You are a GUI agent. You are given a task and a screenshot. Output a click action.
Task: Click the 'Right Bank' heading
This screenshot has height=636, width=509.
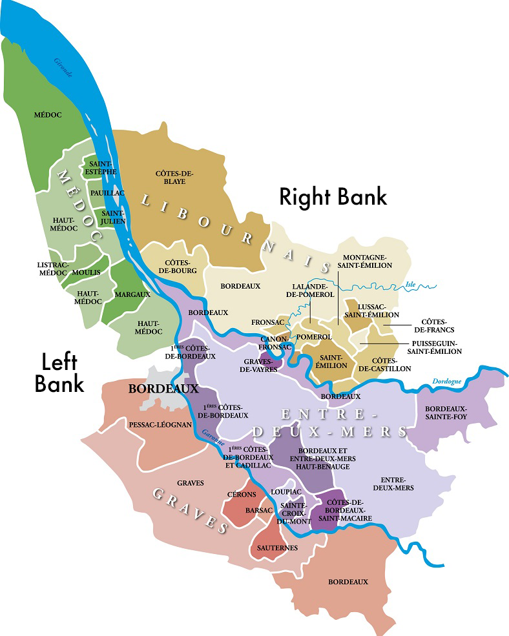tap(333, 196)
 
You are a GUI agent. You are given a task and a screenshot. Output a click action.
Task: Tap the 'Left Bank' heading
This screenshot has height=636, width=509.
tap(59, 372)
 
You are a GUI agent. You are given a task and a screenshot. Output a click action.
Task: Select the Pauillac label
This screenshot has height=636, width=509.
tap(103, 193)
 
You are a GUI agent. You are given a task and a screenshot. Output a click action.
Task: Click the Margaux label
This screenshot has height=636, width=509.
tap(132, 294)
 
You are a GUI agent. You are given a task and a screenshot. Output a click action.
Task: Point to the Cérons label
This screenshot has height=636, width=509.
tap(242, 495)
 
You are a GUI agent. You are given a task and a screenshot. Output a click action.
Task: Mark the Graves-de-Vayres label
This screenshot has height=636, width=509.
tap(261, 365)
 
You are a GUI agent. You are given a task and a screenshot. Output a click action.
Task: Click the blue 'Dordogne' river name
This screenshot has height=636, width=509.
tap(448, 382)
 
